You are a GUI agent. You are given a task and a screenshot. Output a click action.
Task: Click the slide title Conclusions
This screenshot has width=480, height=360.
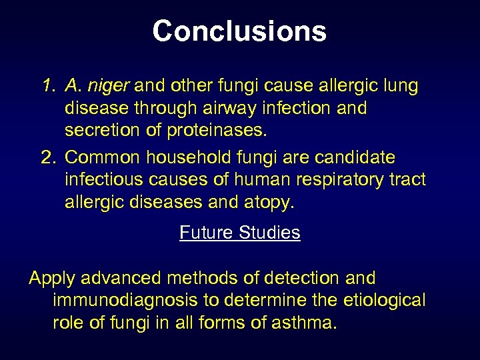pos(239,31)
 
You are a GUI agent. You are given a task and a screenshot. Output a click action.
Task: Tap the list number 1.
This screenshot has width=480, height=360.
pos(47,85)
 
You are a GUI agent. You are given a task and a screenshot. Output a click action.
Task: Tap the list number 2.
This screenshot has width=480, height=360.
pos(47,157)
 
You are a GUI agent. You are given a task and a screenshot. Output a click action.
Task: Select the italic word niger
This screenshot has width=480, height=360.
pos(111,86)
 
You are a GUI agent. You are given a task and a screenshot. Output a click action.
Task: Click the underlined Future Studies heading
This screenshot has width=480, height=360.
pos(240,233)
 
